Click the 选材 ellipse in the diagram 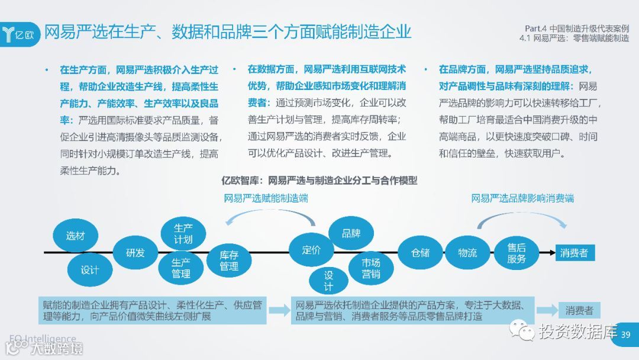click(x=76, y=236)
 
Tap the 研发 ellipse click(x=135, y=253)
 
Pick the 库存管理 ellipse click(x=229, y=261)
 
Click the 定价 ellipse click(x=311, y=249)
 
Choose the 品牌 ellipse click(x=351, y=233)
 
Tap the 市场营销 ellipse click(x=372, y=268)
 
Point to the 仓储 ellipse click(x=421, y=252)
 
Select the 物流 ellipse click(x=467, y=252)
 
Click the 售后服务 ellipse click(x=517, y=253)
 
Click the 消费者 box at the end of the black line click(x=574, y=253)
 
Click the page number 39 click(x=626, y=335)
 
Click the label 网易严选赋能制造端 click(x=266, y=198)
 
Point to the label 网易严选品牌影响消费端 click(x=522, y=198)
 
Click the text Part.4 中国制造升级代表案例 click(x=577, y=28)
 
